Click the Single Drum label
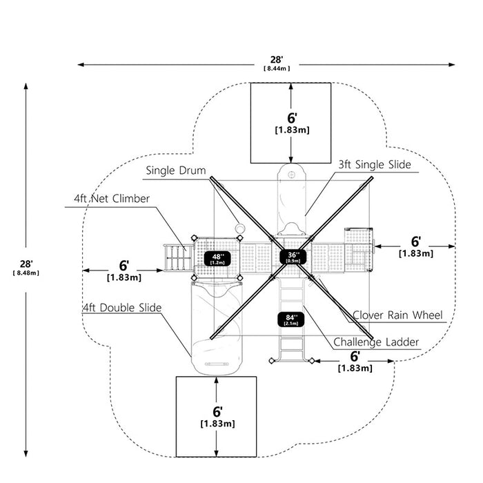(x=176, y=170)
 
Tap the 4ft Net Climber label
(x=112, y=199)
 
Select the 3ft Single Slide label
(x=375, y=164)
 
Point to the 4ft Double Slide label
(x=122, y=308)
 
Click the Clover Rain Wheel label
(x=397, y=315)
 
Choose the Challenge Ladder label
(x=376, y=342)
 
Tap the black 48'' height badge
(x=217, y=259)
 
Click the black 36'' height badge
(x=293, y=257)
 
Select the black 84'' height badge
(x=290, y=319)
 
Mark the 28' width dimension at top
(x=277, y=60)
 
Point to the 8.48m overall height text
(x=26, y=273)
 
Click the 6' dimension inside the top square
(x=292, y=118)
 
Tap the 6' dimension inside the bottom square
(x=217, y=412)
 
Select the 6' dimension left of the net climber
(x=124, y=266)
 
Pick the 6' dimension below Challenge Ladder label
(x=355, y=357)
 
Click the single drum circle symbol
(x=239, y=228)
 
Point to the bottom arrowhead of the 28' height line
(x=26, y=453)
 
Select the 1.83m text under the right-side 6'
(x=416, y=254)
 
